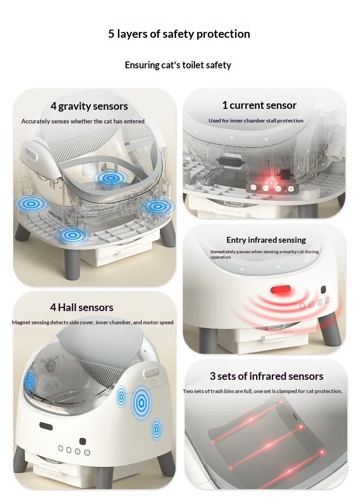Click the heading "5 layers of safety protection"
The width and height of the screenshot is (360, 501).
tap(179, 34)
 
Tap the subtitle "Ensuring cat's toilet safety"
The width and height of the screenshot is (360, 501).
tap(178, 65)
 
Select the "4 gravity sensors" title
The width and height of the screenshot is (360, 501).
tap(89, 106)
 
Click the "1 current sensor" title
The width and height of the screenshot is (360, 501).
tap(259, 105)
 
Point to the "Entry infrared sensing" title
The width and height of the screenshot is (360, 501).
tap(266, 240)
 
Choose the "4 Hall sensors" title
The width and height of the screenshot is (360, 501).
tap(82, 307)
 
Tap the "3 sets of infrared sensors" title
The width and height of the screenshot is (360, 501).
tap(266, 376)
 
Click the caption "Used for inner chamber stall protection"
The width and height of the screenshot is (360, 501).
tap(256, 121)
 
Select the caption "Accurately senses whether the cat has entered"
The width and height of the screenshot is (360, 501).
tap(83, 122)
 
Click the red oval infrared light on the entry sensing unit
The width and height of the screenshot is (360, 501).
tap(280, 290)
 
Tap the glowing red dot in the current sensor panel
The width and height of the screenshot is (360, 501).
tap(271, 183)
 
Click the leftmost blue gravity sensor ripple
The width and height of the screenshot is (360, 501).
tap(31, 203)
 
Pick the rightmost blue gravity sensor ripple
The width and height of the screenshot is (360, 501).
tap(157, 206)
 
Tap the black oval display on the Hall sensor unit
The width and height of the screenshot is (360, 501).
tap(46, 426)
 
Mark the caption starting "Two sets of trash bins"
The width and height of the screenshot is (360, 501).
tap(262, 391)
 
